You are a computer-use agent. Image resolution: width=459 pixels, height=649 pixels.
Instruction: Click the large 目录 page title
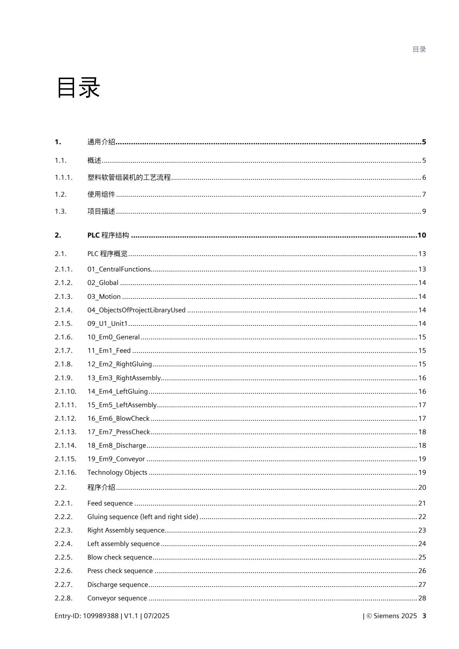coord(78,88)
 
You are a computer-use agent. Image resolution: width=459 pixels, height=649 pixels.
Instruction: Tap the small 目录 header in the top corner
coord(419,49)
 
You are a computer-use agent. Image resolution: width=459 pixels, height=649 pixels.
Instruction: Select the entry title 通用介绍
coord(101,142)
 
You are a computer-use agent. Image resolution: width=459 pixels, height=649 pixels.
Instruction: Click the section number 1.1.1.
coord(64,177)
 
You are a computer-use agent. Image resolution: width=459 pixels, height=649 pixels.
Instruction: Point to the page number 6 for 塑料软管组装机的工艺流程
coord(424,177)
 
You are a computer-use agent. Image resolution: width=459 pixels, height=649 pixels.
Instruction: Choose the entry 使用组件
coord(101,194)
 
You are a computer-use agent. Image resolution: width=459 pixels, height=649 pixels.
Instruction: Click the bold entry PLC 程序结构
coord(108,235)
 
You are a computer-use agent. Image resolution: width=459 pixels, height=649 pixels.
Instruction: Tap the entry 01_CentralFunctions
coord(119,269)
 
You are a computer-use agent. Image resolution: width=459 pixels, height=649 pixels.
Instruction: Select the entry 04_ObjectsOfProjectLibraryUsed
coord(136,310)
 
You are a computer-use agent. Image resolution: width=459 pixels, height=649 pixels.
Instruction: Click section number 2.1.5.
coord(64,324)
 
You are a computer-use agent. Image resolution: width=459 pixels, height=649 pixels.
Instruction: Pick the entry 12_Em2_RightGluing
coord(120,364)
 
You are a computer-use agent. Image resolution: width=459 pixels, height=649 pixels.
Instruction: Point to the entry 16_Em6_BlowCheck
coord(118,418)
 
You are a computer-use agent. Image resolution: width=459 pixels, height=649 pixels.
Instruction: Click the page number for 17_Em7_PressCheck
coord(422,432)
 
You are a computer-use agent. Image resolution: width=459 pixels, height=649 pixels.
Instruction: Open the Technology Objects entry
coord(117,472)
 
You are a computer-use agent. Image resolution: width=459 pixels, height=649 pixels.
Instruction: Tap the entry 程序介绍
coord(101,487)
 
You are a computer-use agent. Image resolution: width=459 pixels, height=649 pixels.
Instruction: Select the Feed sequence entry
coord(110,503)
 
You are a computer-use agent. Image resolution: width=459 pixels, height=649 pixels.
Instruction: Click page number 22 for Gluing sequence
coord(422,517)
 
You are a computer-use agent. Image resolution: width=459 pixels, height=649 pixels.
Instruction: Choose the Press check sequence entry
coord(120,571)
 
